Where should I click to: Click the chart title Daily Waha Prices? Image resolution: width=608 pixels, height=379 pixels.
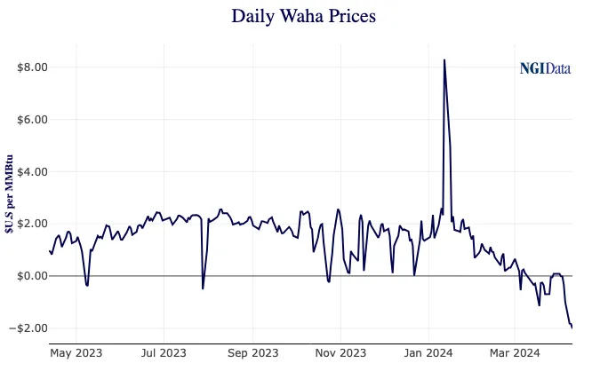click(303, 16)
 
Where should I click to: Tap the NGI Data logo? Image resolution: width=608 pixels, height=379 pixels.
click(545, 68)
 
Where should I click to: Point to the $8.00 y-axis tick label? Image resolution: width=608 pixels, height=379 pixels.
click(32, 67)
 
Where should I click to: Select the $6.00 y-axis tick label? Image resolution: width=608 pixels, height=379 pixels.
click(32, 120)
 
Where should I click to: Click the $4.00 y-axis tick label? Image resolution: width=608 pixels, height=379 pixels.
click(32, 171)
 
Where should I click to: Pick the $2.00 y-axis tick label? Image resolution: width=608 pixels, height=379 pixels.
click(32, 224)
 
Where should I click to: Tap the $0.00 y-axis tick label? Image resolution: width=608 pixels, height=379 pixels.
click(32, 276)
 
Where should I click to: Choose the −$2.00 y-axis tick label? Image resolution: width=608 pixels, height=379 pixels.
click(29, 328)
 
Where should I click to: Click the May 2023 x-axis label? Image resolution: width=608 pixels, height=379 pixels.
click(76, 353)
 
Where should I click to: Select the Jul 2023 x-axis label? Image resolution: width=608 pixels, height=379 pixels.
click(164, 353)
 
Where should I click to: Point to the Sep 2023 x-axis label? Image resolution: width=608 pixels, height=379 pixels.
click(252, 353)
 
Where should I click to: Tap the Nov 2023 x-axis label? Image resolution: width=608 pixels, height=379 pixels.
click(340, 353)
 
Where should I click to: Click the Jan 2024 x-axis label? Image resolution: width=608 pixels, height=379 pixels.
click(428, 353)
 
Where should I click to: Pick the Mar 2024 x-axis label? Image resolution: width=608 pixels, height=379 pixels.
click(516, 353)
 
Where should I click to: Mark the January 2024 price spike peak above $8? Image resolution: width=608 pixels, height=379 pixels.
click(444, 60)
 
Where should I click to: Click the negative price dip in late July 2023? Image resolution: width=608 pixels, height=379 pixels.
click(203, 288)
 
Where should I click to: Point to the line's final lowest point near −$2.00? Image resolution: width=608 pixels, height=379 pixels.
click(572, 328)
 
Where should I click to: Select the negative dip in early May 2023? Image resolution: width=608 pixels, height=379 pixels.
click(86, 285)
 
